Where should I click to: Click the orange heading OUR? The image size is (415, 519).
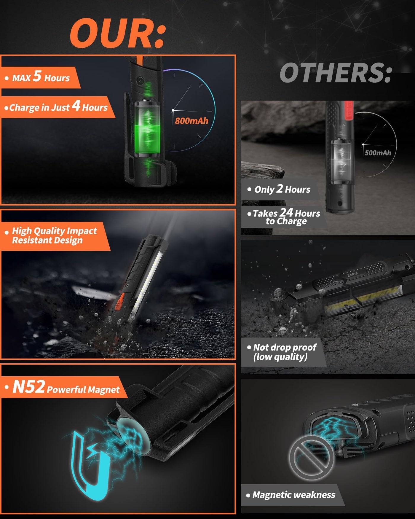click(x=117, y=33)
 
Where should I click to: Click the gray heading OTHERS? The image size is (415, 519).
click(x=336, y=73)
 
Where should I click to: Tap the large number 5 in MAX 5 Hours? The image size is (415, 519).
click(x=37, y=76)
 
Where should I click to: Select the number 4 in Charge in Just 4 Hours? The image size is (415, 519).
click(x=76, y=105)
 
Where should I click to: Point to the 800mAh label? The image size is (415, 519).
click(x=191, y=121)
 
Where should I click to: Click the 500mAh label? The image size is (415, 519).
click(x=378, y=153)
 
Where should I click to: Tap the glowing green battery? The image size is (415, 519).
click(x=147, y=128)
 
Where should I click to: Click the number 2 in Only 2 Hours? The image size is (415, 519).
click(x=280, y=189)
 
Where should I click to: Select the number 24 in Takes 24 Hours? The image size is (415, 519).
click(x=286, y=212)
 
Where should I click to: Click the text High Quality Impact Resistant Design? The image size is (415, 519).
click(x=54, y=235)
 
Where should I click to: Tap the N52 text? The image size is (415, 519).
click(x=28, y=387)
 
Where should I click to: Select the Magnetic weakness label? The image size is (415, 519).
click(x=294, y=495)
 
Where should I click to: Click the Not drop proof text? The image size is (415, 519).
click(x=285, y=347)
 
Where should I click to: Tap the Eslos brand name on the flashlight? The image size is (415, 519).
click(x=352, y=274)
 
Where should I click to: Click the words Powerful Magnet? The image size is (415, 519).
click(x=83, y=389)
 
